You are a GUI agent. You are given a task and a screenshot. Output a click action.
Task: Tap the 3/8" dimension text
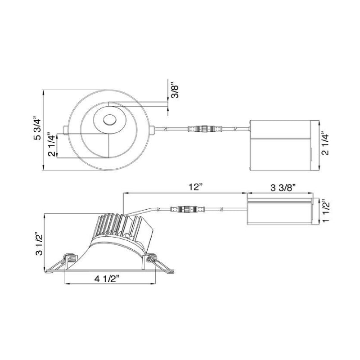(175, 92)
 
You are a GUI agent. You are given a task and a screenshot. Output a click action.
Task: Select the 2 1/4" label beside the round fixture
(52, 144)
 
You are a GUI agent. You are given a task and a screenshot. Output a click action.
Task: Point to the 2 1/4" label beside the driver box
(325, 143)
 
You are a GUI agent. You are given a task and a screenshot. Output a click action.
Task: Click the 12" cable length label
(196, 187)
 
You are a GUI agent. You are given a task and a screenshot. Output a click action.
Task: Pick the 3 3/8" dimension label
(283, 188)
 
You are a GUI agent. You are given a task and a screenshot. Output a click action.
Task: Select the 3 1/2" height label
(39, 244)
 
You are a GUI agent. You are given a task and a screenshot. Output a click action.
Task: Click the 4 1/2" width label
(107, 279)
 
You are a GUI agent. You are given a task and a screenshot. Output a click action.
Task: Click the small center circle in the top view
(109, 120)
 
